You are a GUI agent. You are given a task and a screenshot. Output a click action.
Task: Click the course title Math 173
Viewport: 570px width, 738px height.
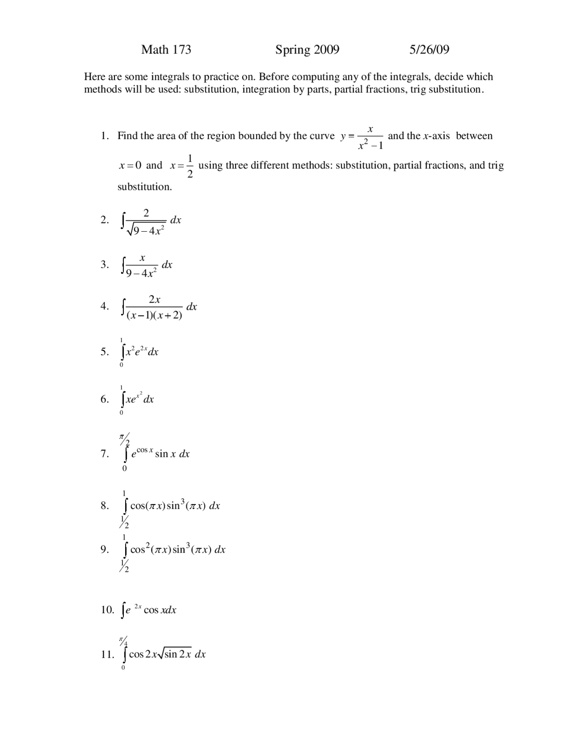166,49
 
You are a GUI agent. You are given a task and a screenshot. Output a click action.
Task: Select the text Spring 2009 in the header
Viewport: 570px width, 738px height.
307,49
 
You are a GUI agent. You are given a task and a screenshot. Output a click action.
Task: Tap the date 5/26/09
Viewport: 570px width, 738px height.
429,49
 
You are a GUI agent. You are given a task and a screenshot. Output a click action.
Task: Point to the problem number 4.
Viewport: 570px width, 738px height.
104,306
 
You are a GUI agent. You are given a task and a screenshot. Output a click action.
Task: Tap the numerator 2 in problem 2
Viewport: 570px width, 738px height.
146,213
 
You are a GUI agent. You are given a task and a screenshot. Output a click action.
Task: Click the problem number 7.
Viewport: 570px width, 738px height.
104,454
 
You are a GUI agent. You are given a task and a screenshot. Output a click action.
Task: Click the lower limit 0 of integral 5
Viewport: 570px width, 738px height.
121,365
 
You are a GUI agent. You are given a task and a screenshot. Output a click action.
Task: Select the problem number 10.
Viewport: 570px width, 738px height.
107,610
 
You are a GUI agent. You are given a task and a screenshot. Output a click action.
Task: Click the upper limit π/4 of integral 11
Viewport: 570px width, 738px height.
123,641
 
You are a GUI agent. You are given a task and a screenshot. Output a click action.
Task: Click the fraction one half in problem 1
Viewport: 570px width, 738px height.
190,165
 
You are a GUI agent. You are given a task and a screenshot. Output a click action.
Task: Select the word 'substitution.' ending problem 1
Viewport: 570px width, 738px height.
144,187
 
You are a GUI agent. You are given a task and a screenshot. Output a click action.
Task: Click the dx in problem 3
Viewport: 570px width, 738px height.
167,265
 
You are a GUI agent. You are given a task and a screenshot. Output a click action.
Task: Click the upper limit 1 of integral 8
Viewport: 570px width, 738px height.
125,493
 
